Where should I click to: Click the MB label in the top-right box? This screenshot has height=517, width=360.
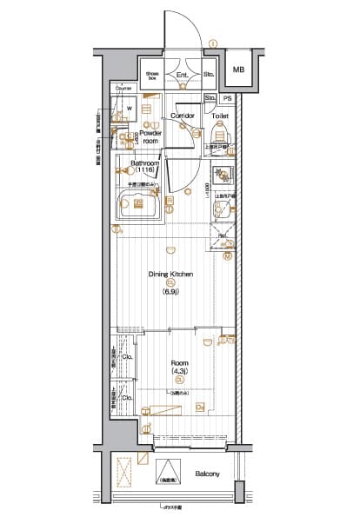(x=238, y=70)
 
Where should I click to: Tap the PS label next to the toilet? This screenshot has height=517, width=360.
(x=228, y=99)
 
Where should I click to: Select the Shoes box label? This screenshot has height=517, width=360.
(x=152, y=76)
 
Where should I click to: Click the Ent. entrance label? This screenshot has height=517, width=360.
(x=183, y=76)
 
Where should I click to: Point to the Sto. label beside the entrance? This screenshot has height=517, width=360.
(x=209, y=76)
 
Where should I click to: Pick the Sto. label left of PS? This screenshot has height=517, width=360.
(x=211, y=99)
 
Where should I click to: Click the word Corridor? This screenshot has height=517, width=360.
(x=182, y=115)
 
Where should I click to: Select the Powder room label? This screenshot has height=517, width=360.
(x=150, y=136)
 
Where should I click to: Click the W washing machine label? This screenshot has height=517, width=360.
(x=129, y=109)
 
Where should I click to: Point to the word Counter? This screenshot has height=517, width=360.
(x=123, y=89)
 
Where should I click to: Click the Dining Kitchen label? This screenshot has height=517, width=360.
(x=170, y=274)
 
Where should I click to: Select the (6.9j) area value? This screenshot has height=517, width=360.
(x=170, y=291)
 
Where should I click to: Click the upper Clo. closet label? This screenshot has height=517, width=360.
(x=127, y=357)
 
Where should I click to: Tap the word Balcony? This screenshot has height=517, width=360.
(x=207, y=474)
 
